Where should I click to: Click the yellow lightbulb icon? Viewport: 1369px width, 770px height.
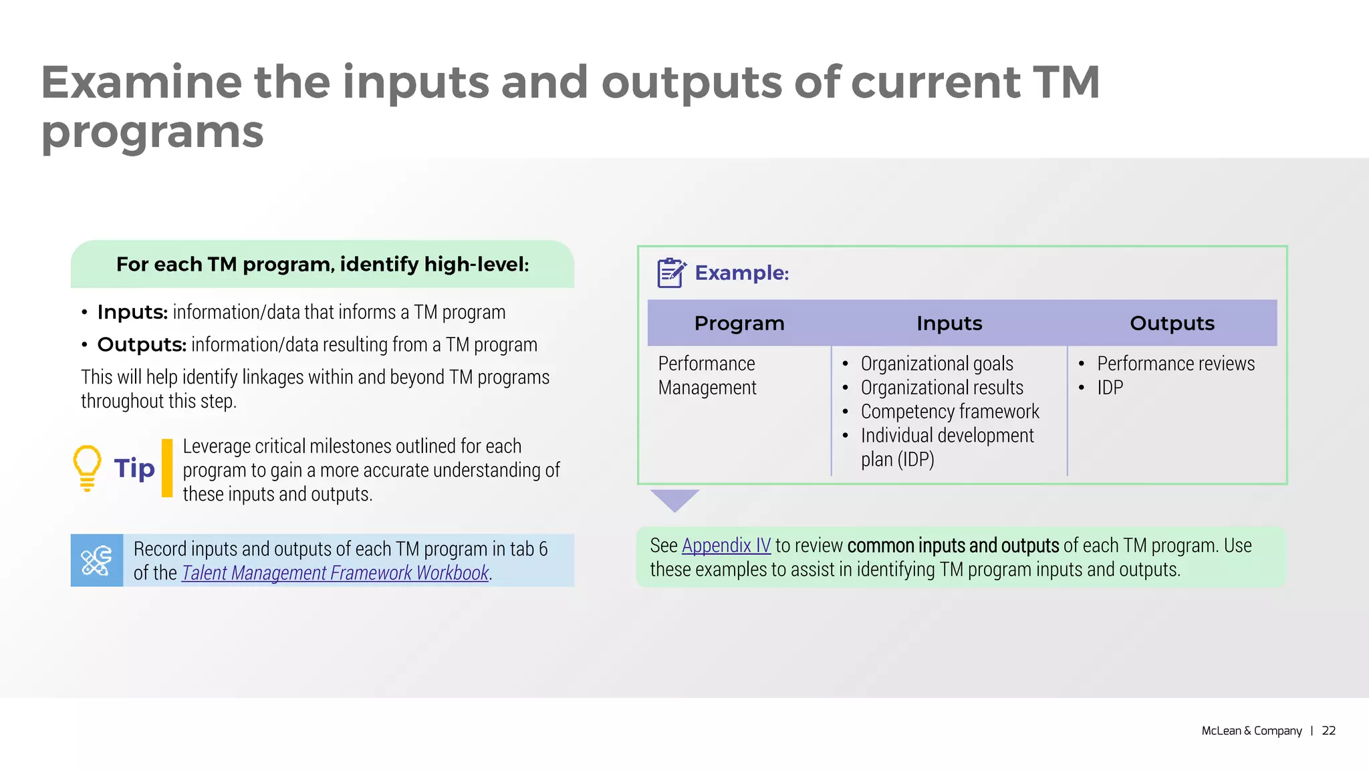(x=87, y=467)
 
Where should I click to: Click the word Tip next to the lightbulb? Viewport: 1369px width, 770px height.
(x=134, y=468)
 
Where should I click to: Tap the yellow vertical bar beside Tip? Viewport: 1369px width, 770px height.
(x=167, y=468)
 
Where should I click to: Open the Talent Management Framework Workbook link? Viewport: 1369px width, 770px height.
(x=335, y=573)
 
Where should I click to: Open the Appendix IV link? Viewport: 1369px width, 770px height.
(x=726, y=545)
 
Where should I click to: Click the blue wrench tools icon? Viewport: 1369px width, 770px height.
(x=97, y=560)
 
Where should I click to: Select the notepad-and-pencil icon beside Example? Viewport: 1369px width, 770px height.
(x=670, y=273)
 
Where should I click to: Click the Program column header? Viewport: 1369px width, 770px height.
(x=739, y=324)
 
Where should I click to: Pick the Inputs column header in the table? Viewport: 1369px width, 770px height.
(x=949, y=324)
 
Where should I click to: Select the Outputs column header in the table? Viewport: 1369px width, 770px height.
(x=1172, y=324)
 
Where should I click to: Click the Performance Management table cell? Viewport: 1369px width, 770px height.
(x=707, y=376)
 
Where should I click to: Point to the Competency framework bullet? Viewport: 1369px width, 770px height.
(x=950, y=412)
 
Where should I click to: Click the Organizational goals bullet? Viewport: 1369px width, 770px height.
(x=937, y=364)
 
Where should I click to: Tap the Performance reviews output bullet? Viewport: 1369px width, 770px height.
(x=1175, y=364)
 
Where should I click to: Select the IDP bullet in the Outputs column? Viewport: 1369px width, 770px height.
(x=1110, y=388)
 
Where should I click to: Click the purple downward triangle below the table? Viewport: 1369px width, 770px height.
(x=674, y=499)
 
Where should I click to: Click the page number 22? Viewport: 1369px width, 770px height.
(x=1329, y=731)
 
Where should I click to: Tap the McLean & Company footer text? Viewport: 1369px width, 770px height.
(x=1251, y=731)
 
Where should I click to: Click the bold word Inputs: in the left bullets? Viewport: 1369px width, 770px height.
(x=132, y=312)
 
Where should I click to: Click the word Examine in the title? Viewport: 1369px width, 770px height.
(x=141, y=82)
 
